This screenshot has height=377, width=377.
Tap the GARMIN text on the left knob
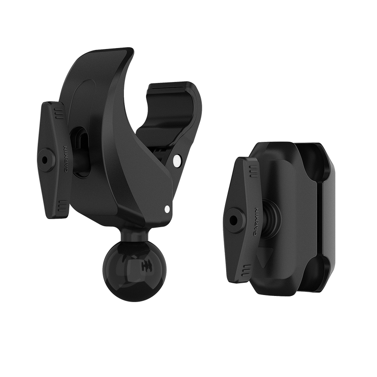(x=66, y=159)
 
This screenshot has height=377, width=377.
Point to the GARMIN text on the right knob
(x=256, y=221)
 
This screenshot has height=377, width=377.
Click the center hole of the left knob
(x=44, y=160)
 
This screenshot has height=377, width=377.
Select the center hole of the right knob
(x=232, y=219)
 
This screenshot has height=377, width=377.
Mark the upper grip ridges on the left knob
(x=57, y=112)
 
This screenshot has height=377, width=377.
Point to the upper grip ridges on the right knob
(x=253, y=171)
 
